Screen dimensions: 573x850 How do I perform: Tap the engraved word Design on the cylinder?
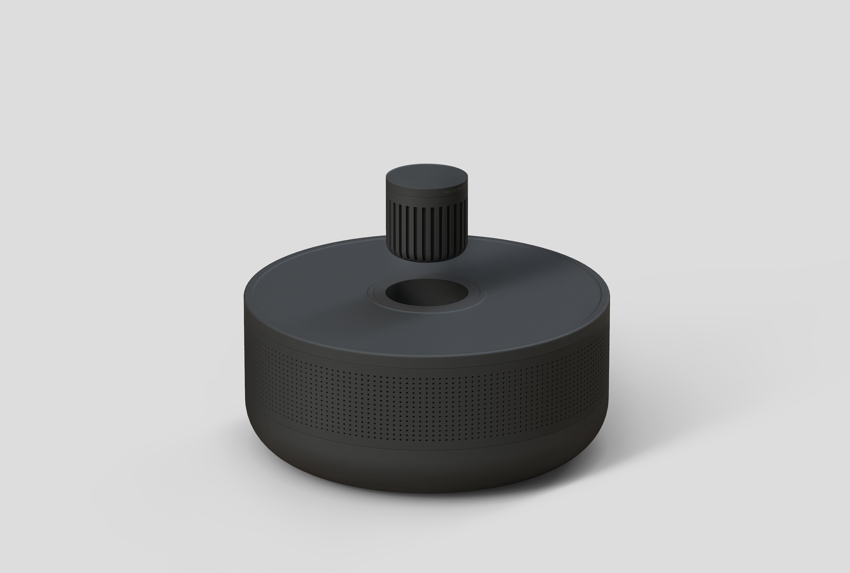click(x=448, y=192)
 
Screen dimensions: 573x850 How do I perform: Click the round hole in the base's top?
click(x=427, y=292)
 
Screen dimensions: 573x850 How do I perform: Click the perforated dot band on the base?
click(x=427, y=406)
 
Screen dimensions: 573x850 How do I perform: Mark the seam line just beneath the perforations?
click(x=427, y=450)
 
